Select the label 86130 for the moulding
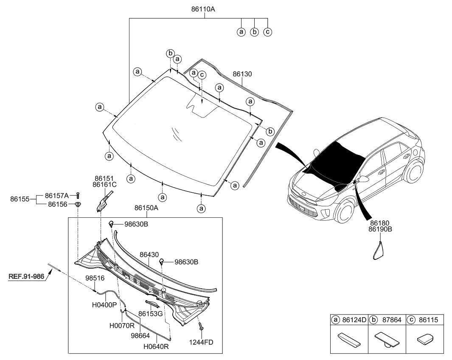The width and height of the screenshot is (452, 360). pyautogui.click(x=242, y=74)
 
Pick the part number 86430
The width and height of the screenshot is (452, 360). pyautogui.click(x=149, y=254)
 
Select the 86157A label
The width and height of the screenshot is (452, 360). pyautogui.click(x=58, y=195)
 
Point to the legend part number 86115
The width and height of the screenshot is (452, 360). pyautogui.click(x=429, y=319)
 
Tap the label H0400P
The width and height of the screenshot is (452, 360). pyautogui.click(x=104, y=305)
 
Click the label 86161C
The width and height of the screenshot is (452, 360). pyautogui.click(x=105, y=185)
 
